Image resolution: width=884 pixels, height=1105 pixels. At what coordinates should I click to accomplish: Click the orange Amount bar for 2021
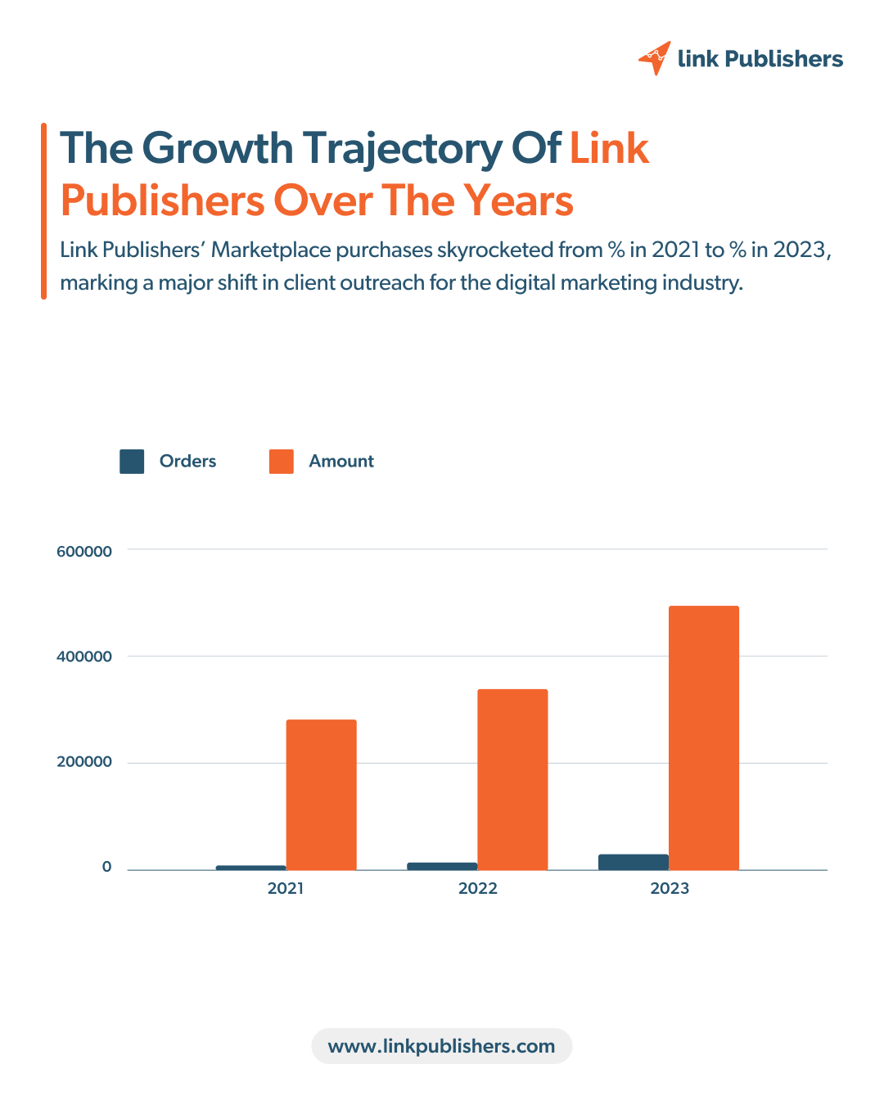321,794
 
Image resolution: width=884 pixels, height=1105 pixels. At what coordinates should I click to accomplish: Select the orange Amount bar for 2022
512,779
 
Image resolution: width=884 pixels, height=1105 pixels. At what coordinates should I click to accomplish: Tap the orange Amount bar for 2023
704,737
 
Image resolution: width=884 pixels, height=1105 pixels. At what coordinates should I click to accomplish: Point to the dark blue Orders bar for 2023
633,862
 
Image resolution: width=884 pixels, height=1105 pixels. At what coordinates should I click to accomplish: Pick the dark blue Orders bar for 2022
442,866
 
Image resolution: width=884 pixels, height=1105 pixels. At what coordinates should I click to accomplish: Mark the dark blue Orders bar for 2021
250,868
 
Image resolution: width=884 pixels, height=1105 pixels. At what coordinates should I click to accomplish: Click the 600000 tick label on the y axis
84,552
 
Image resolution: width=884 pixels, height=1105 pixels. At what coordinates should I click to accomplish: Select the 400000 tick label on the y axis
84,656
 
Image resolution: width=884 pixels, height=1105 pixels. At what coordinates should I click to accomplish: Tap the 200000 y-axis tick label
84,762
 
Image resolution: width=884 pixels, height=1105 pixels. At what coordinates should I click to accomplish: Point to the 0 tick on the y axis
106,868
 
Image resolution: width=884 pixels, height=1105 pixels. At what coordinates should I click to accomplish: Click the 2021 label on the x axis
286,889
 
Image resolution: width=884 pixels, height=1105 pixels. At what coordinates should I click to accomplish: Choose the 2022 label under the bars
478,889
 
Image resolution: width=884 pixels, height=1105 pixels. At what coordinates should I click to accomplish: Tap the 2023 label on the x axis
670,889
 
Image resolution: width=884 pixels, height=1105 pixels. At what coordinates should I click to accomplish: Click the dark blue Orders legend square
132,462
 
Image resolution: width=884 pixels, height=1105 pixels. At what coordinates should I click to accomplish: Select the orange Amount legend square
281,462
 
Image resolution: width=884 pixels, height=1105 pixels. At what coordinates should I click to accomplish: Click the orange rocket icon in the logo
655,58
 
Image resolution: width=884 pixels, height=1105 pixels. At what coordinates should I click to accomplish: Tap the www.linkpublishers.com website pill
441,1046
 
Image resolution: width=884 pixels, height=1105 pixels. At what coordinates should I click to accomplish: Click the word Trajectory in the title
403,149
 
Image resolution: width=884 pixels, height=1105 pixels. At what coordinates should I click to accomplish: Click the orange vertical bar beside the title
43,210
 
